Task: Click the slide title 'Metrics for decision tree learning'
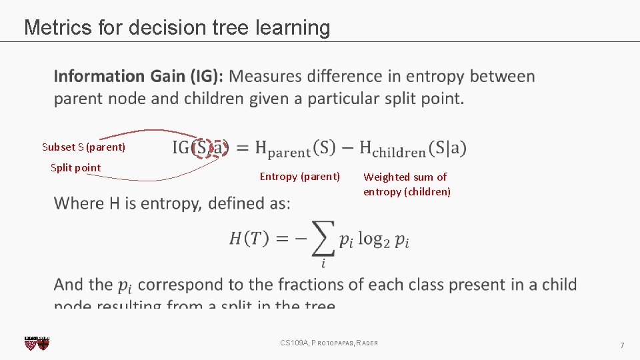click(x=177, y=28)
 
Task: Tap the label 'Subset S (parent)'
click(x=83, y=147)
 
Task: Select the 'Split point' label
click(x=76, y=167)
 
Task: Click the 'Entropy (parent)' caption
click(x=299, y=177)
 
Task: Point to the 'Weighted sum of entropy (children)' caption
click(x=407, y=184)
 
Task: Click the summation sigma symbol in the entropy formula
click(x=323, y=238)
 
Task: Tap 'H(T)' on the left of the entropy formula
click(x=249, y=239)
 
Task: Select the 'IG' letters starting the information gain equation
click(x=181, y=147)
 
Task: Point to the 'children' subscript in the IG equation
click(x=399, y=153)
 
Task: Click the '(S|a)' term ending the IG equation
click(x=448, y=147)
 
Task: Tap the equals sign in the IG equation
click(x=242, y=148)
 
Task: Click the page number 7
click(x=622, y=345)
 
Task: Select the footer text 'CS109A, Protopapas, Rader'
click(x=329, y=343)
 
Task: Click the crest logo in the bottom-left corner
click(x=37, y=343)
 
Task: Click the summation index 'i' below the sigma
click(x=323, y=264)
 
